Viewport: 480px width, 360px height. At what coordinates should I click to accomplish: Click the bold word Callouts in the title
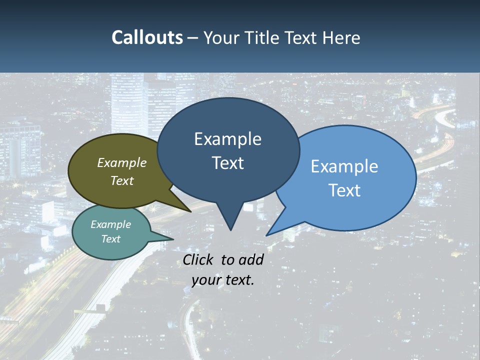point(147,37)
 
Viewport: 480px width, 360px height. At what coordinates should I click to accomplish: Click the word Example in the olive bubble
point(122,162)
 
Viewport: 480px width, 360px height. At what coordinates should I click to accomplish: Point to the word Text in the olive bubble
point(122,180)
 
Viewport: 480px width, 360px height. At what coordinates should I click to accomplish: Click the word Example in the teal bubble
point(111,224)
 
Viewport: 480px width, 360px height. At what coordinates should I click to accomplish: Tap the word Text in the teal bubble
point(111,239)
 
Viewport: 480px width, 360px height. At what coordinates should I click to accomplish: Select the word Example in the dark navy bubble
point(228,139)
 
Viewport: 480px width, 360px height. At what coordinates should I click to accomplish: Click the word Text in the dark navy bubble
point(228,163)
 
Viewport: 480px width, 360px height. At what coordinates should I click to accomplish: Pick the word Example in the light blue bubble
point(344,166)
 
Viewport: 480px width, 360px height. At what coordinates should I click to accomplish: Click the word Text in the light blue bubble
point(344,190)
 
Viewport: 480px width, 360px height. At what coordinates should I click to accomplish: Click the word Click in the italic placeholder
point(199,259)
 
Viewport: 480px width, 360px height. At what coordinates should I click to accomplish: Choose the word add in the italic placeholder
point(251,259)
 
